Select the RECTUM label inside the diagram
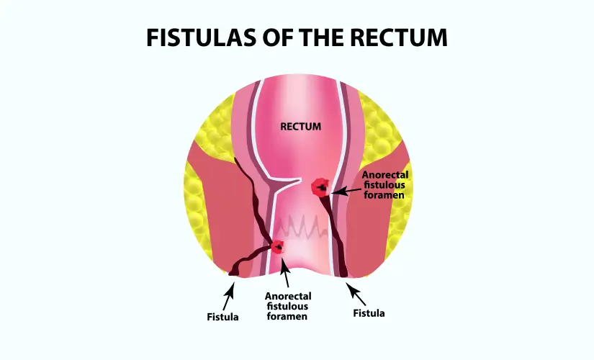300,127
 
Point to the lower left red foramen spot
277,247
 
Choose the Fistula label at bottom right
369,313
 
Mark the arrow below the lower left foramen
286,274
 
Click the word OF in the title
273,37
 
